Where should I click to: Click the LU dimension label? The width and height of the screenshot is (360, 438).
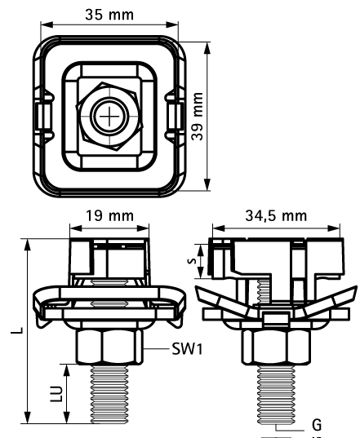[56, 394]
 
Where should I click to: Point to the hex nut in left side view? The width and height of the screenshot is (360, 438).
[109, 347]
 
